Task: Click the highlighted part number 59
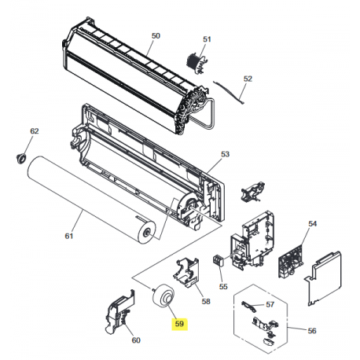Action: pyautogui.click(x=179, y=324)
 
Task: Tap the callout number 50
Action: pyautogui.click(x=156, y=35)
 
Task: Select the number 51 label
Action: pyautogui.click(x=207, y=39)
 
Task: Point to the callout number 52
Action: pyautogui.click(x=248, y=79)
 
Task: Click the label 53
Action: pyautogui.click(x=225, y=154)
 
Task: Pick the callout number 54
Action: pyautogui.click(x=312, y=224)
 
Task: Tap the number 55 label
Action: pyautogui.click(x=223, y=286)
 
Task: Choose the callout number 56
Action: pyautogui.click(x=312, y=331)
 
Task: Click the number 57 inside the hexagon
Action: pyautogui.click(x=270, y=304)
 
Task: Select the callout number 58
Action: pyautogui.click(x=206, y=302)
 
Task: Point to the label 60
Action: pyautogui.click(x=136, y=340)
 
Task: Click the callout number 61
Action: pyautogui.click(x=69, y=236)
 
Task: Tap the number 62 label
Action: pyautogui.click(x=35, y=131)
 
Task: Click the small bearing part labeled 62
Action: pyautogui.click(x=21, y=158)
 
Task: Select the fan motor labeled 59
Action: pyautogui.click(x=163, y=296)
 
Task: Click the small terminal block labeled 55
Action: pyautogui.click(x=219, y=260)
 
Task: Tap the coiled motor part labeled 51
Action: pyautogui.click(x=196, y=63)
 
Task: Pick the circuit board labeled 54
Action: pyautogui.click(x=291, y=262)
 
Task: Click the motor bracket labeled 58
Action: pyautogui.click(x=186, y=272)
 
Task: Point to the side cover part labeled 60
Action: pyautogui.click(x=119, y=312)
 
